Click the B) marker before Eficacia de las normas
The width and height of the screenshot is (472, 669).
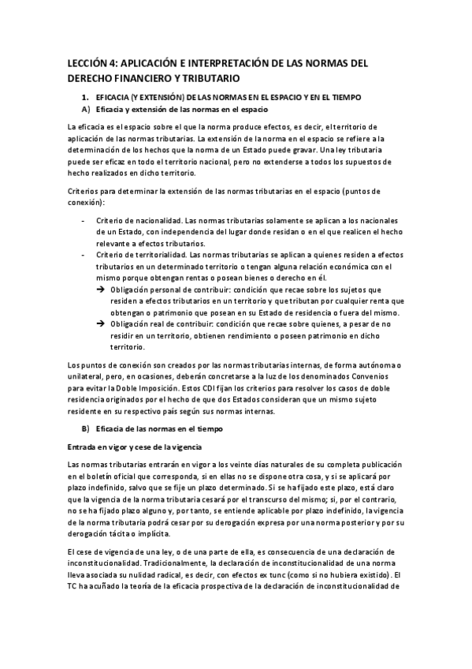[86, 428]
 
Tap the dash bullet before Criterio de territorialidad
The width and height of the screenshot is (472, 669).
[84, 255]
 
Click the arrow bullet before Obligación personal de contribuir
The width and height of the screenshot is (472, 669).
[100, 290]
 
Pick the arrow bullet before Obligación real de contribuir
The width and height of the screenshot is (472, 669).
[100, 324]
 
